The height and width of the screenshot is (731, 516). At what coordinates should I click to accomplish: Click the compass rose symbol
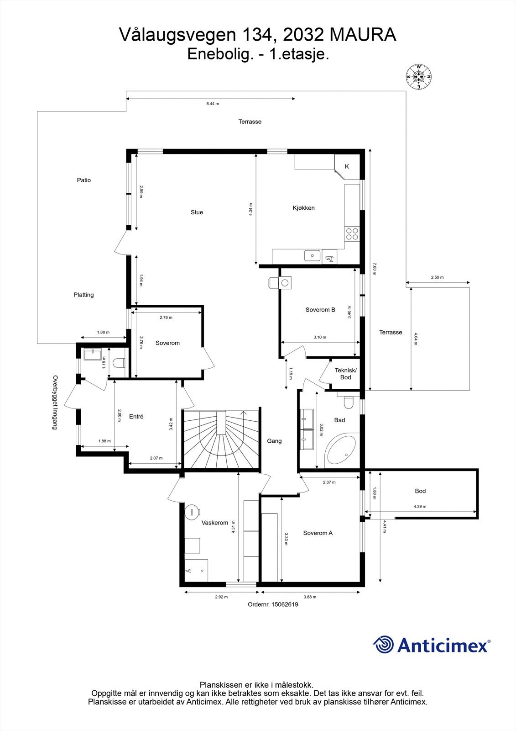point(418,76)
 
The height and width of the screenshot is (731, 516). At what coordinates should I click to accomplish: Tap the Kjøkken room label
point(303,208)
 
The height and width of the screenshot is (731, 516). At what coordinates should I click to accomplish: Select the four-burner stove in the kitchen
point(352,233)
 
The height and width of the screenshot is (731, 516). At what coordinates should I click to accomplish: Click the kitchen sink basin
point(313,255)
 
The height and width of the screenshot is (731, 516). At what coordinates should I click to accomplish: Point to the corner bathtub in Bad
point(343,451)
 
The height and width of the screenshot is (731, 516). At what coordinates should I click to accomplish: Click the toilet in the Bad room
point(349,403)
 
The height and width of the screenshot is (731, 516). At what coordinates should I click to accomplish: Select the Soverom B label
point(320,310)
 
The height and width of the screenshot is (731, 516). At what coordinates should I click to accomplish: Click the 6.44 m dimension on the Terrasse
point(212,104)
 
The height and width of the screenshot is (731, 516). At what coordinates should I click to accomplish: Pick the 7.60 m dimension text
point(375,268)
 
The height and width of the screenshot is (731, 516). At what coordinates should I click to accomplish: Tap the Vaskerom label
point(214,523)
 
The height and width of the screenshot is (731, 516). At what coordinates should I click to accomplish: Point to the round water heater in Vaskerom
point(192,511)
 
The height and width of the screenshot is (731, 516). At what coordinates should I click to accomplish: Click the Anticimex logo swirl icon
point(383,645)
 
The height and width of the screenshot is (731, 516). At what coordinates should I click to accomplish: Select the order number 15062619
point(285,604)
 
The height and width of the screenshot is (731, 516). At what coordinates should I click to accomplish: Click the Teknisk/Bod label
point(345,374)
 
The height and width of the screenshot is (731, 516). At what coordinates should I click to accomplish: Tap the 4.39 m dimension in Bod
point(420,506)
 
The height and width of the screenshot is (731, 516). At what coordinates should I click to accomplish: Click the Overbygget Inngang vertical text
point(55,403)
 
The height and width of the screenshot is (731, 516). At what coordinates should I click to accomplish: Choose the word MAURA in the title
point(362,35)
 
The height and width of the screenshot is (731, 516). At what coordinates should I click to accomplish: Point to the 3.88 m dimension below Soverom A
point(310,597)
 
